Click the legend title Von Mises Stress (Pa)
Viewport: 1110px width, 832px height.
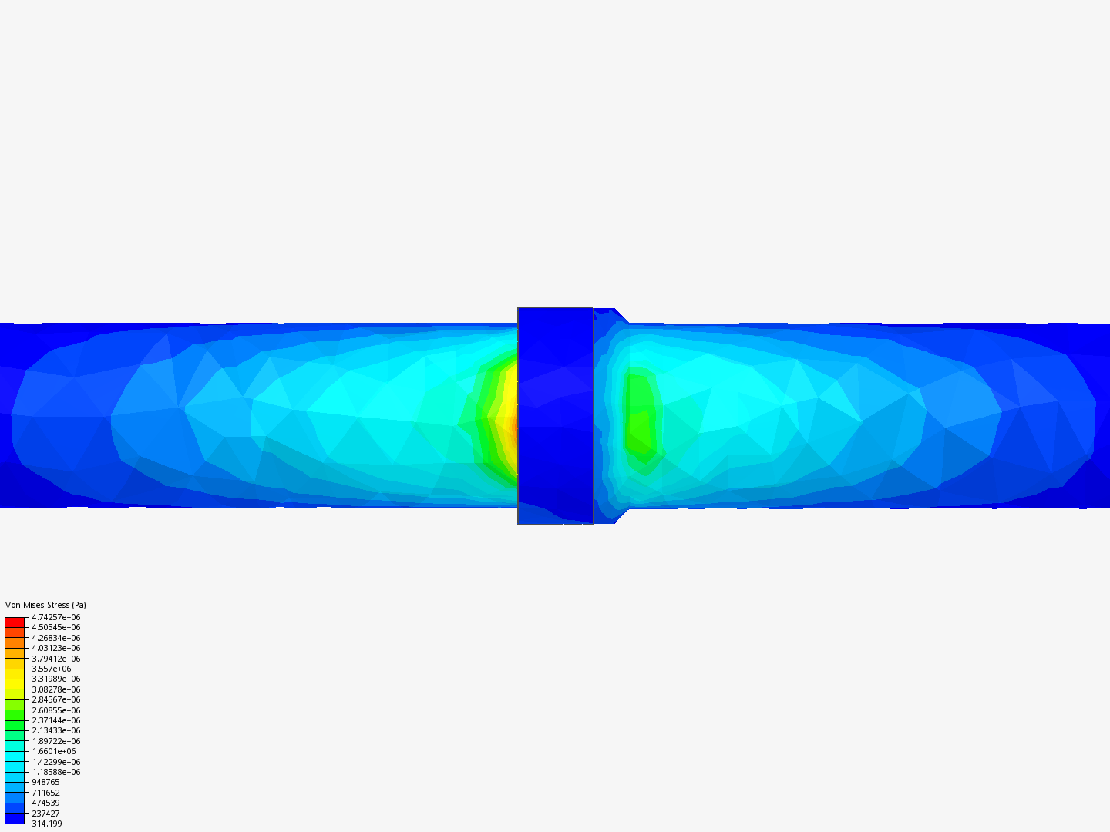[x=45, y=605]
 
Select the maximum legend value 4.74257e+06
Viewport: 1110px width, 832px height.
[x=55, y=617]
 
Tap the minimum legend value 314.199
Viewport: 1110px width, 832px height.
[x=46, y=824]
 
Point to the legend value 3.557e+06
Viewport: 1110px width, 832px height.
[x=51, y=669]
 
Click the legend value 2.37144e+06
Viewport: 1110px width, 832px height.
[x=55, y=720]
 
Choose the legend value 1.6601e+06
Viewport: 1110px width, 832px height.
[x=54, y=751]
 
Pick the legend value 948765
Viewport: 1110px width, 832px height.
[x=45, y=782]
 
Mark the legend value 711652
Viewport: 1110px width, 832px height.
[x=45, y=793]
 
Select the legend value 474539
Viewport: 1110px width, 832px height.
[x=45, y=803]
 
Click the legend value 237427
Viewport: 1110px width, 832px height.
[x=45, y=814]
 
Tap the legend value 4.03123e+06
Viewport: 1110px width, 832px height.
[x=55, y=648]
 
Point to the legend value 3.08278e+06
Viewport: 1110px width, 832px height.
[x=55, y=689]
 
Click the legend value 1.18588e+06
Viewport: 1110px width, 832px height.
[x=55, y=772]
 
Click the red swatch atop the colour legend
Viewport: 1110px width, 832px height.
[x=15, y=622]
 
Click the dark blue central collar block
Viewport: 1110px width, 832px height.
[x=555, y=416]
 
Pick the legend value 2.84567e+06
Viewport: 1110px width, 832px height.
[x=55, y=699]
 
